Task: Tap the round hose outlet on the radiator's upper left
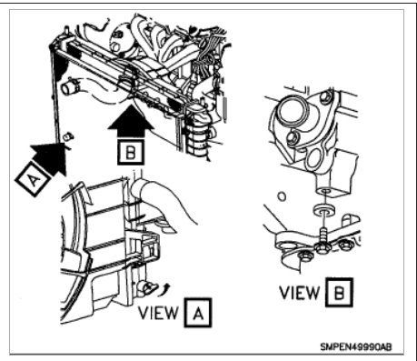pos(69,89)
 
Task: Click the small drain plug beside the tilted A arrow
pos(67,136)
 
